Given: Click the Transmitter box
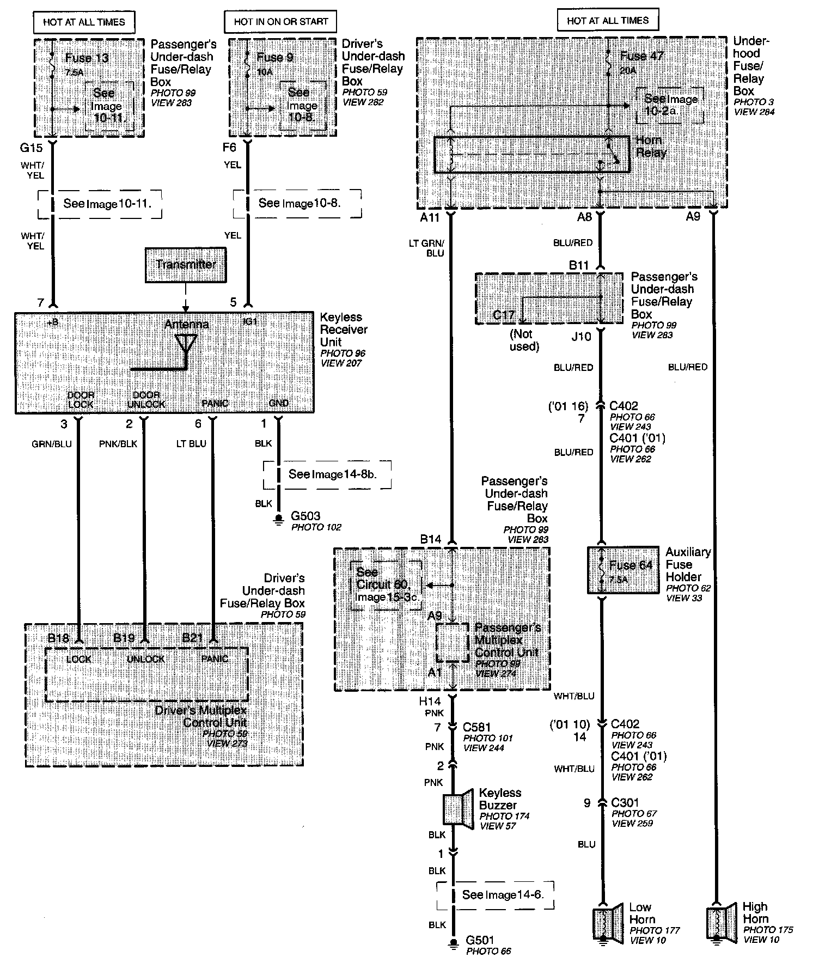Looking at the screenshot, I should (186, 265).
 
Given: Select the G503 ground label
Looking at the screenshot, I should (305, 515).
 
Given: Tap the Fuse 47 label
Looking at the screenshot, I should (641, 56).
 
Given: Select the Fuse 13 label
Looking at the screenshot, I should (87, 58).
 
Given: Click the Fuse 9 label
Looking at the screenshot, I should (278, 57).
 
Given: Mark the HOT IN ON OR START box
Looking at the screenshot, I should (280, 22).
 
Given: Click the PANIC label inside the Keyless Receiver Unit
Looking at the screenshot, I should (215, 404).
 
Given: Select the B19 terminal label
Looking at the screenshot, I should (124, 638).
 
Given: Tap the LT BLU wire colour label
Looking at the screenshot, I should (191, 443).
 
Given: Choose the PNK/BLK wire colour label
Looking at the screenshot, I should (118, 443).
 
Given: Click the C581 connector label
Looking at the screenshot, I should (476, 727).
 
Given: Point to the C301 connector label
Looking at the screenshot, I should (625, 802).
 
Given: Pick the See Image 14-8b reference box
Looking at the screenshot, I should (327, 474).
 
